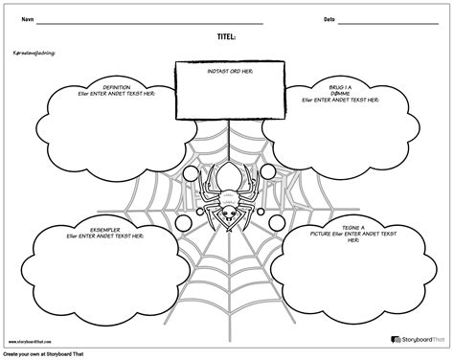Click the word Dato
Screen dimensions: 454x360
(329, 18)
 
